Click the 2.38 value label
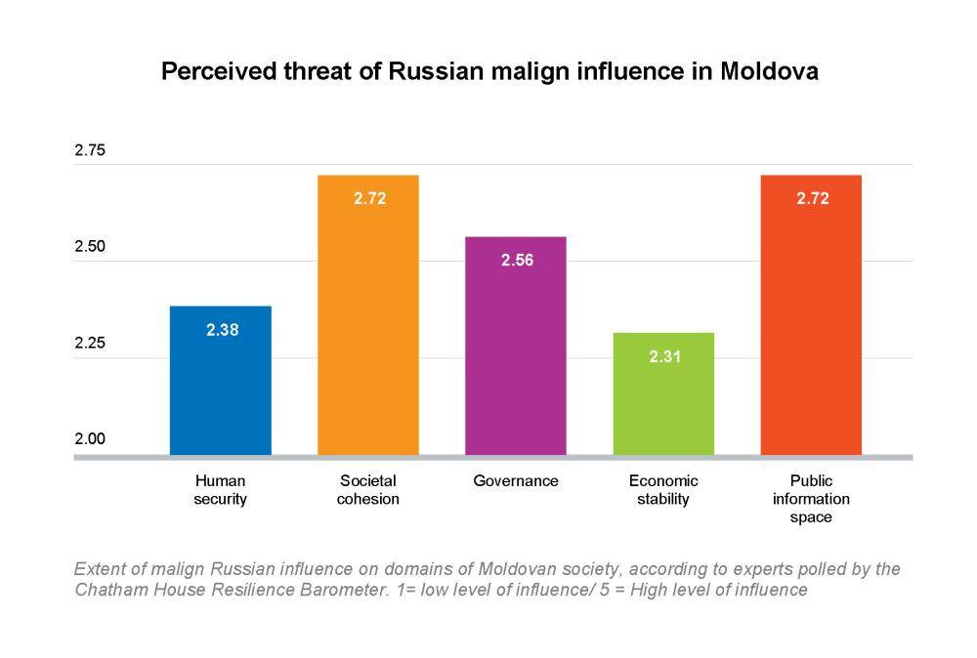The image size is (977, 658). (222, 330)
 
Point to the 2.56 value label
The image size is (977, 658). (517, 261)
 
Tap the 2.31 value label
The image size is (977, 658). (664, 357)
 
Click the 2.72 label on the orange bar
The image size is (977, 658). (369, 198)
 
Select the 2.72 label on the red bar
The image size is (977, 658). (812, 198)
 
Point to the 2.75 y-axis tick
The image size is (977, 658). (90, 151)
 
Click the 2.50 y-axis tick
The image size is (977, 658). (90, 248)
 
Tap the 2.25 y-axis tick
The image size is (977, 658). (90, 344)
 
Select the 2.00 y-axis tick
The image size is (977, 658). (90, 439)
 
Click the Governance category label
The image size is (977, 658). (516, 481)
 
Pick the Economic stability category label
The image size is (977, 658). (663, 490)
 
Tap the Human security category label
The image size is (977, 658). (221, 490)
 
